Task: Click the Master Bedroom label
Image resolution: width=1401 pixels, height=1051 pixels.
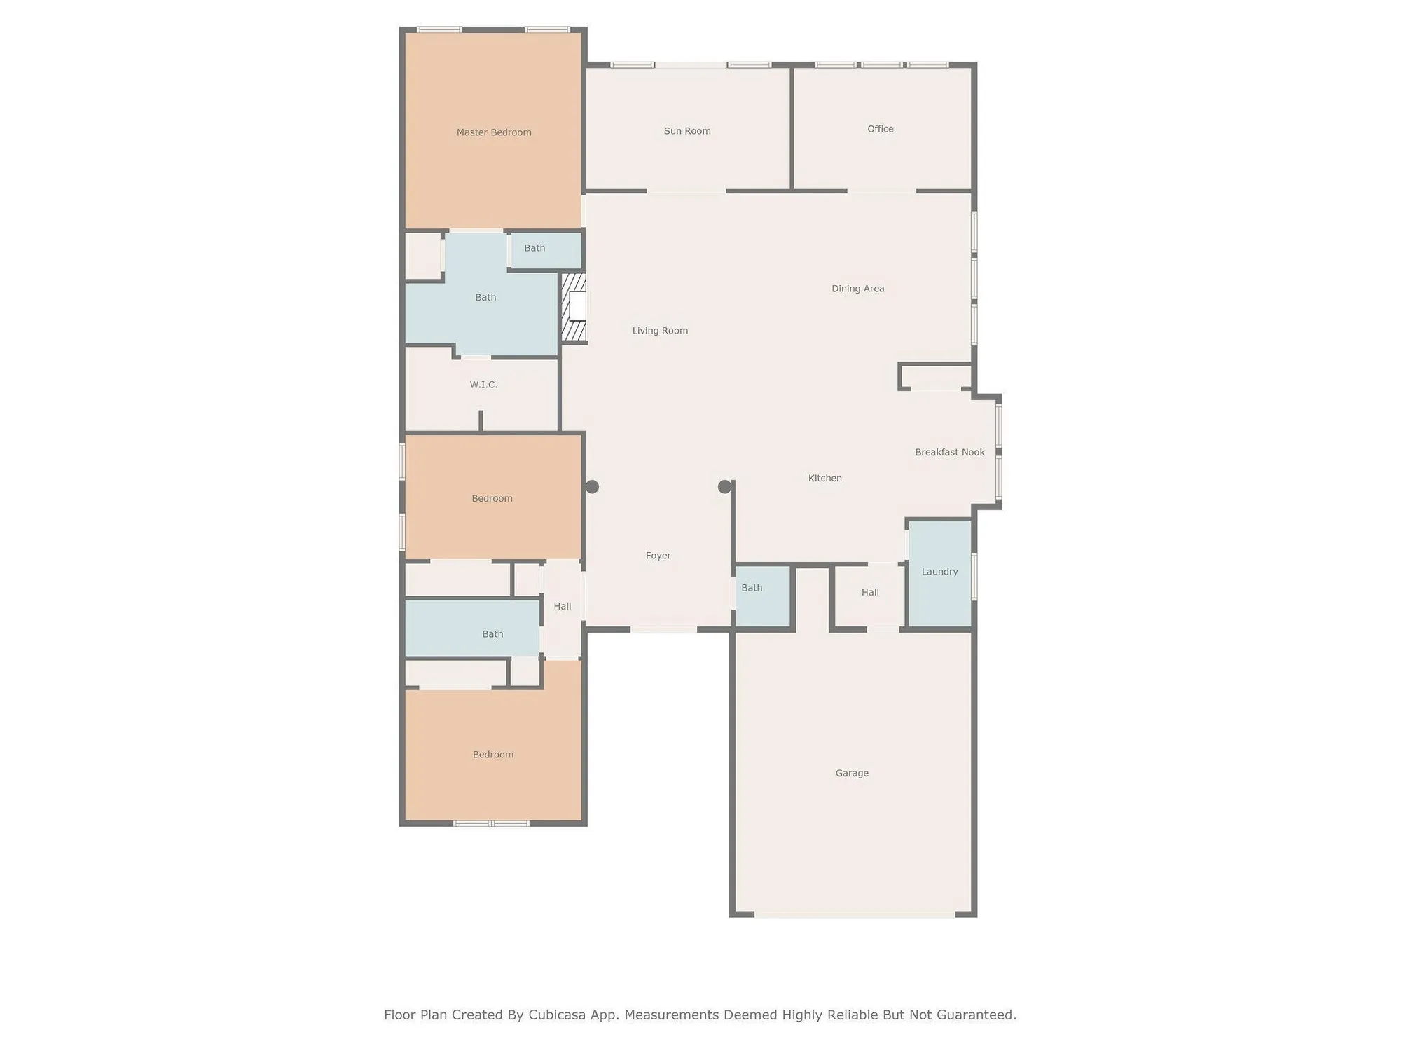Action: point(494,132)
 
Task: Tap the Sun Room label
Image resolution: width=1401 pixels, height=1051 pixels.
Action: point(687,131)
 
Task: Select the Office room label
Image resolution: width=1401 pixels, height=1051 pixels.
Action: point(881,129)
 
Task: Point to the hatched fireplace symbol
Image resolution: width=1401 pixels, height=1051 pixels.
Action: point(574,307)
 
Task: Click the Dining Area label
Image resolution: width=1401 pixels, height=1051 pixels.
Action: point(858,289)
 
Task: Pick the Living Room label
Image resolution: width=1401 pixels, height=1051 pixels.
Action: point(660,331)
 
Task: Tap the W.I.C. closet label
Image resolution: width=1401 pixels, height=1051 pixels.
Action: point(483,385)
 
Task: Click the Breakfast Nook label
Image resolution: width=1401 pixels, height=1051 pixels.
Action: point(950,453)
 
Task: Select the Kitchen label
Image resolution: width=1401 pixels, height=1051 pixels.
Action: point(825,479)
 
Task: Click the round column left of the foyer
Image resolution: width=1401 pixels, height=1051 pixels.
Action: point(592,487)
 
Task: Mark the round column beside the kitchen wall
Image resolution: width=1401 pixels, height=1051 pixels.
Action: point(725,487)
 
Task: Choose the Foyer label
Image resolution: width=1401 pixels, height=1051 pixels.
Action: point(658,556)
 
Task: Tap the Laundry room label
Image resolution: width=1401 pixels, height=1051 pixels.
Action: point(939,572)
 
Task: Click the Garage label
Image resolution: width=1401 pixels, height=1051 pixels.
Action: point(852,774)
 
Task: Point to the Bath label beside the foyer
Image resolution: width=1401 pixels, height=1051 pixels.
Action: point(752,588)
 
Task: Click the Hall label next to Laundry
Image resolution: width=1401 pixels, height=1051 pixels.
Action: point(870,593)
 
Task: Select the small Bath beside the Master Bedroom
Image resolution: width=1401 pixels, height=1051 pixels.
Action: point(534,248)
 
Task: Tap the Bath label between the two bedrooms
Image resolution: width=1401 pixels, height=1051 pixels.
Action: point(492,634)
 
